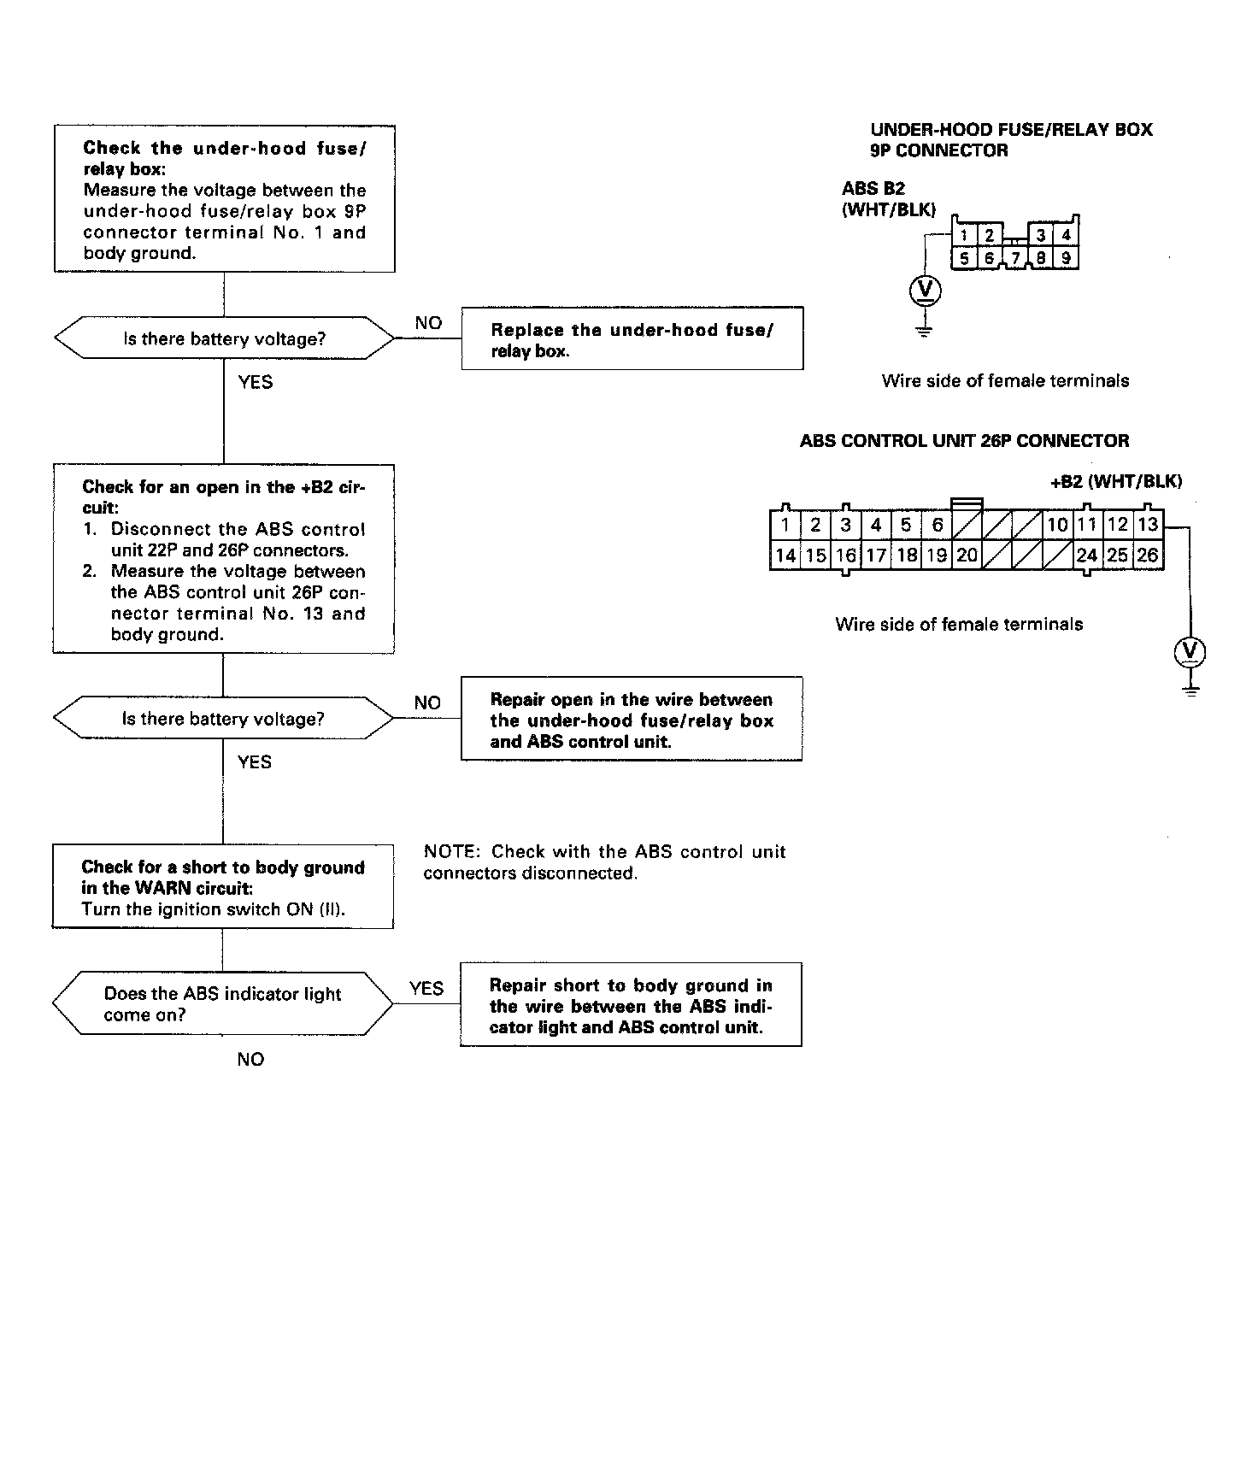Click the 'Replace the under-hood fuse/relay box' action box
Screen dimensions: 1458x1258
(632, 339)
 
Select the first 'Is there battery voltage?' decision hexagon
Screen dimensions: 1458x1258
(224, 338)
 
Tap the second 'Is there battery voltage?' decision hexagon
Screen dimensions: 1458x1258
(223, 718)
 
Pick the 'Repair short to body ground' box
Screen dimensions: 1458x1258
(631, 1005)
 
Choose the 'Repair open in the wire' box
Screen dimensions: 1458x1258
(632, 720)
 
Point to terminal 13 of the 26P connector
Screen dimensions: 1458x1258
(1148, 525)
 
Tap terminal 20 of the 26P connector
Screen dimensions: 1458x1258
(967, 556)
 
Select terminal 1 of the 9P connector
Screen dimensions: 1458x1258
(963, 235)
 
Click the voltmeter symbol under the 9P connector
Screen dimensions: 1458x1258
(924, 291)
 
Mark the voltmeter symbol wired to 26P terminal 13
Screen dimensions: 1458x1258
(1190, 653)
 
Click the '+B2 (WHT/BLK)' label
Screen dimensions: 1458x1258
(1115, 481)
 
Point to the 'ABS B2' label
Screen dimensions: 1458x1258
(873, 189)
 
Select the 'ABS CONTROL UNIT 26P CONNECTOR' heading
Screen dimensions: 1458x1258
(964, 441)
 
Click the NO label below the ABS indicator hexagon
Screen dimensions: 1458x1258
(250, 1060)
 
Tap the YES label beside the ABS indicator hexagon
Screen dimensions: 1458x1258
(426, 989)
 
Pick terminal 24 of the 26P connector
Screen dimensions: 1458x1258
(1086, 556)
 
